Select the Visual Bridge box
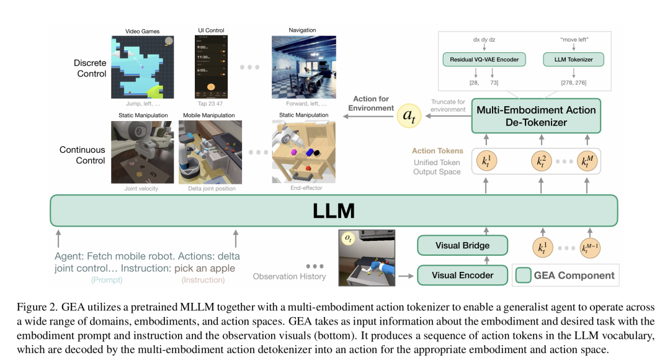(462, 246)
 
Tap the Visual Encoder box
(462, 275)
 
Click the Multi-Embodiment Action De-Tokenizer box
(535, 116)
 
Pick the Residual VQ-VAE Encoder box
(485, 60)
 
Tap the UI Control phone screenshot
(210, 68)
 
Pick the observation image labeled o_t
(367, 258)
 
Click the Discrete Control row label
(90, 68)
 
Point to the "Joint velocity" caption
(141, 189)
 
